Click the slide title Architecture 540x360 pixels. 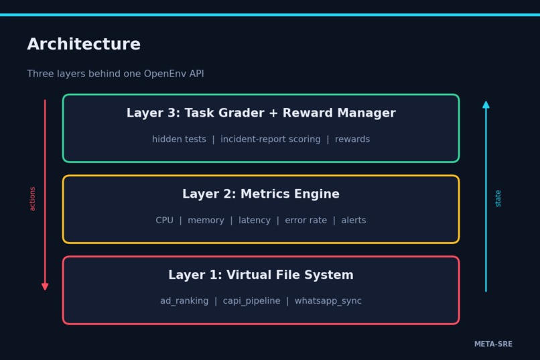[x=84, y=44]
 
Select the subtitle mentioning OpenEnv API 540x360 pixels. [x=115, y=74]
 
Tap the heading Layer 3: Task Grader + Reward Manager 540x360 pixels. [x=261, y=113]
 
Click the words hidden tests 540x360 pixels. [x=179, y=139]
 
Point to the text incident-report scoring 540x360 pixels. [x=271, y=139]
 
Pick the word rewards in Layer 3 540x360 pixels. [x=352, y=139]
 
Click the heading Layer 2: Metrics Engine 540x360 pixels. [x=261, y=194]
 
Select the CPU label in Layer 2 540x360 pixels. [x=165, y=220]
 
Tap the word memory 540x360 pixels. [x=206, y=221]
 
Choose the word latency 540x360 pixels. [x=255, y=221]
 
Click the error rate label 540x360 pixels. [x=306, y=220]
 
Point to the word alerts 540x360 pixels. [x=354, y=220]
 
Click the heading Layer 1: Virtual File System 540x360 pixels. [x=261, y=275]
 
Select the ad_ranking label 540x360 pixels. [x=184, y=301]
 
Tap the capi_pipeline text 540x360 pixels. [x=251, y=301]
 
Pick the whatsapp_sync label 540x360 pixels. [x=328, y=301]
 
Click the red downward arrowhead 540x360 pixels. [x=45, y=286]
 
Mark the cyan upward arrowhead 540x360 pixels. [x=486, y=105]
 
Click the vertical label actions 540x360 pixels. [x=32, y=199]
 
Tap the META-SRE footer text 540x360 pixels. [x=493, y=344]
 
